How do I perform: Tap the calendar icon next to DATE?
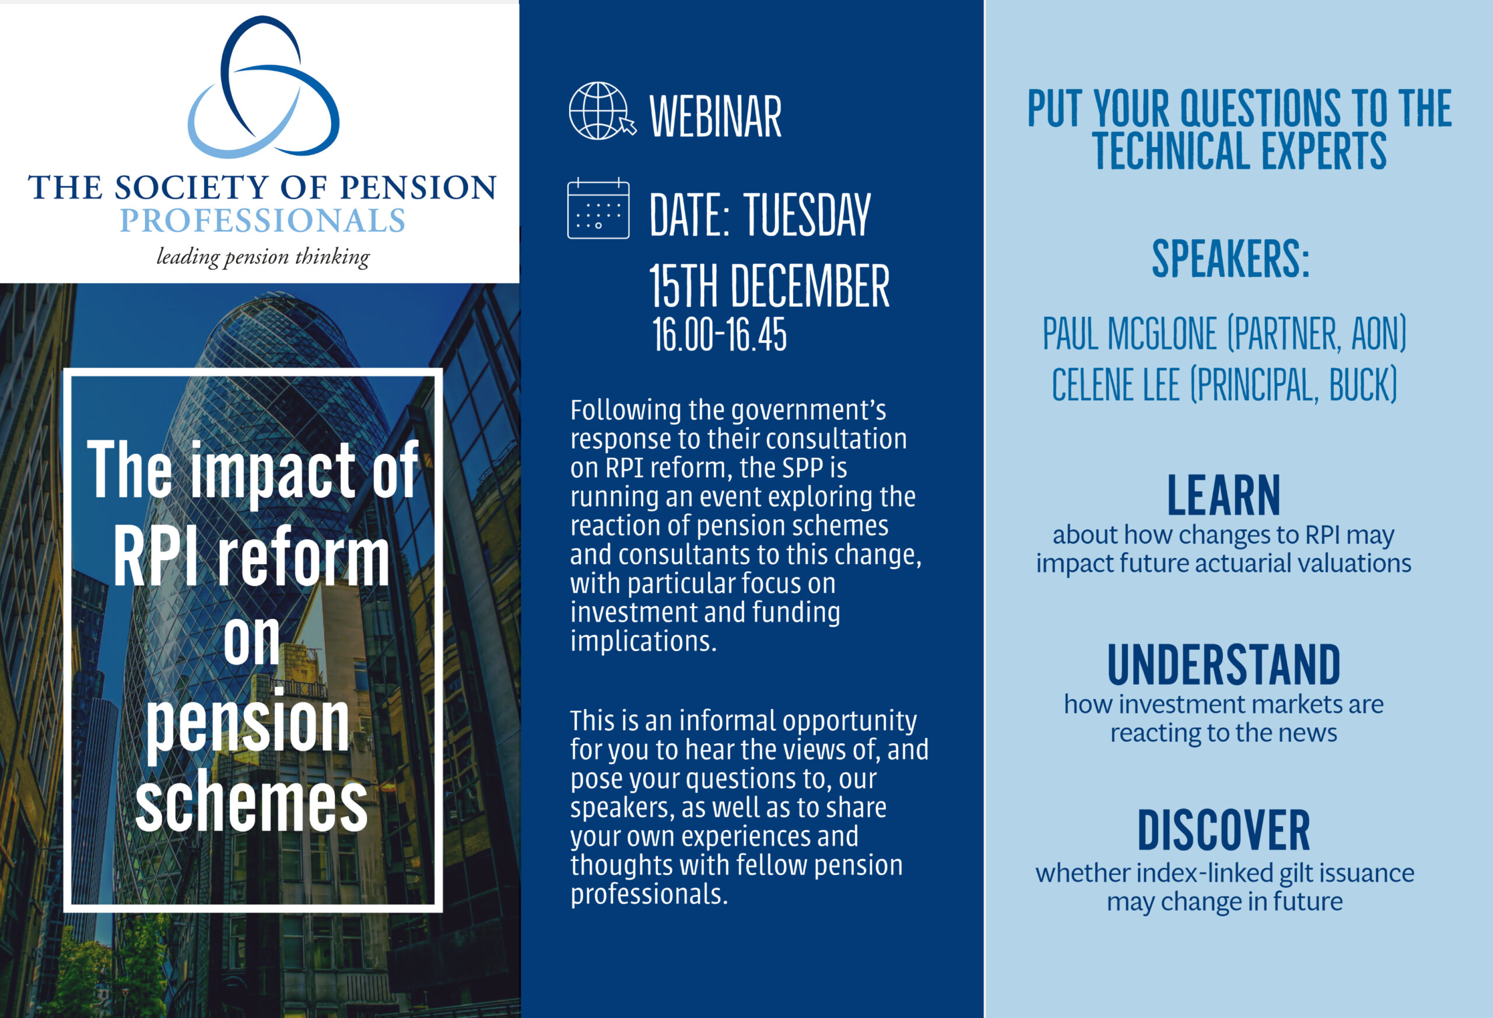[x=598, y=208]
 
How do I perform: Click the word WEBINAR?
[x=716, y=116]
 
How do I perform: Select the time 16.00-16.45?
[x=720, y=334]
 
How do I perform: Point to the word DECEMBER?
[x=810, y=285]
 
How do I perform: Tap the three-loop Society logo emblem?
[x=264, y=87]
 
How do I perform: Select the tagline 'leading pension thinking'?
[x=263, y=257]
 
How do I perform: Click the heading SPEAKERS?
[x=1230, y=258]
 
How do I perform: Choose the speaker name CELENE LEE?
[x=1116, y=385]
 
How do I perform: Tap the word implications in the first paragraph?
[x=643, y=641]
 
